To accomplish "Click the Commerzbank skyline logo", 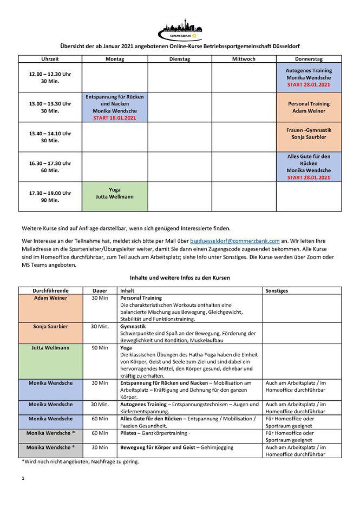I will (x=179, y=28).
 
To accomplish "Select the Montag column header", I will (x=114, y=59).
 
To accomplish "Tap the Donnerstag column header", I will (x=309, y=59).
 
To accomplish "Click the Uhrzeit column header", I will (x=50, y=59).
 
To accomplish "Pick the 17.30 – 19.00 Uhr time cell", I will (x=50, y=196).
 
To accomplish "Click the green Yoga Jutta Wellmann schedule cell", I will (x=114, y=193).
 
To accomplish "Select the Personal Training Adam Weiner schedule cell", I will (x=309, y=107).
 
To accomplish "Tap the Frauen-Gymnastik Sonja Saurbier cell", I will (x=309, y=134).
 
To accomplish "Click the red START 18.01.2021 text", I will (x=114, y=118).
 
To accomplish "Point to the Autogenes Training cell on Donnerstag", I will (x=309, y=77).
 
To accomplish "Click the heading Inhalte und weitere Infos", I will (x=179, y=277).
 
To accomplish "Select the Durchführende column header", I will (x=50, y=290).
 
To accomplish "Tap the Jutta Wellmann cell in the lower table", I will (x=50, y=348).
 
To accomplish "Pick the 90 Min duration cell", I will (x=100, y=348).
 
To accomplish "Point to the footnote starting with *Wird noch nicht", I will (x=80, y=461).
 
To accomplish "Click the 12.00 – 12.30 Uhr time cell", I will (x=50, y=77).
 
